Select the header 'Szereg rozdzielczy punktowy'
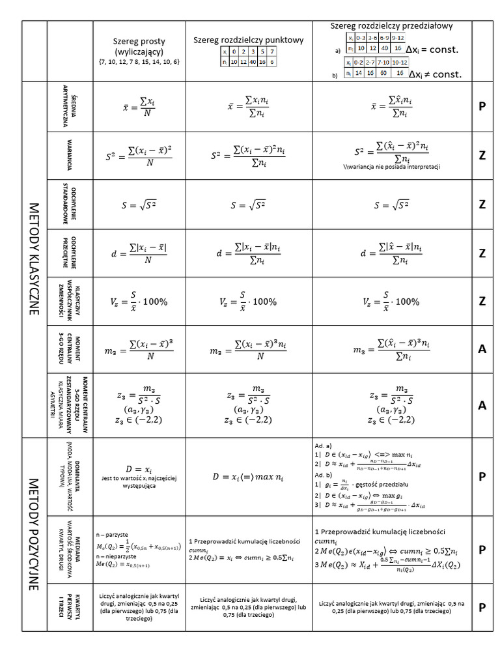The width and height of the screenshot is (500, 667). tap(248, 40)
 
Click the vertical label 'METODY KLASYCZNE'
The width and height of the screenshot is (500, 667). tap(35, 259)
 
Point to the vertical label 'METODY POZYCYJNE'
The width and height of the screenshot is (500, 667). tap(35, 533)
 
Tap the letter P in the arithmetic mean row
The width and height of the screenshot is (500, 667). tap(482, 107)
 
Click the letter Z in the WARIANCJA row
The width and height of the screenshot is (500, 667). tap(482, 155)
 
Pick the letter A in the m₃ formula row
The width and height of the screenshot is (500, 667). tap(482, 349)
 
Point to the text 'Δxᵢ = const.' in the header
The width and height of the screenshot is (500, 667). tap(432, 50)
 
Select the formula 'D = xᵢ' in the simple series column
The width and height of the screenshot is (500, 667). tap(139, 469)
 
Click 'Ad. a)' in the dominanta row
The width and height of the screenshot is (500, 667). tap(324, 444)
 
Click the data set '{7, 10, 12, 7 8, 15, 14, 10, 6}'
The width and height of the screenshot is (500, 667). tap(139, 61)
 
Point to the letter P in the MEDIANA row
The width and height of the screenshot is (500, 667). tap(482, 550)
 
